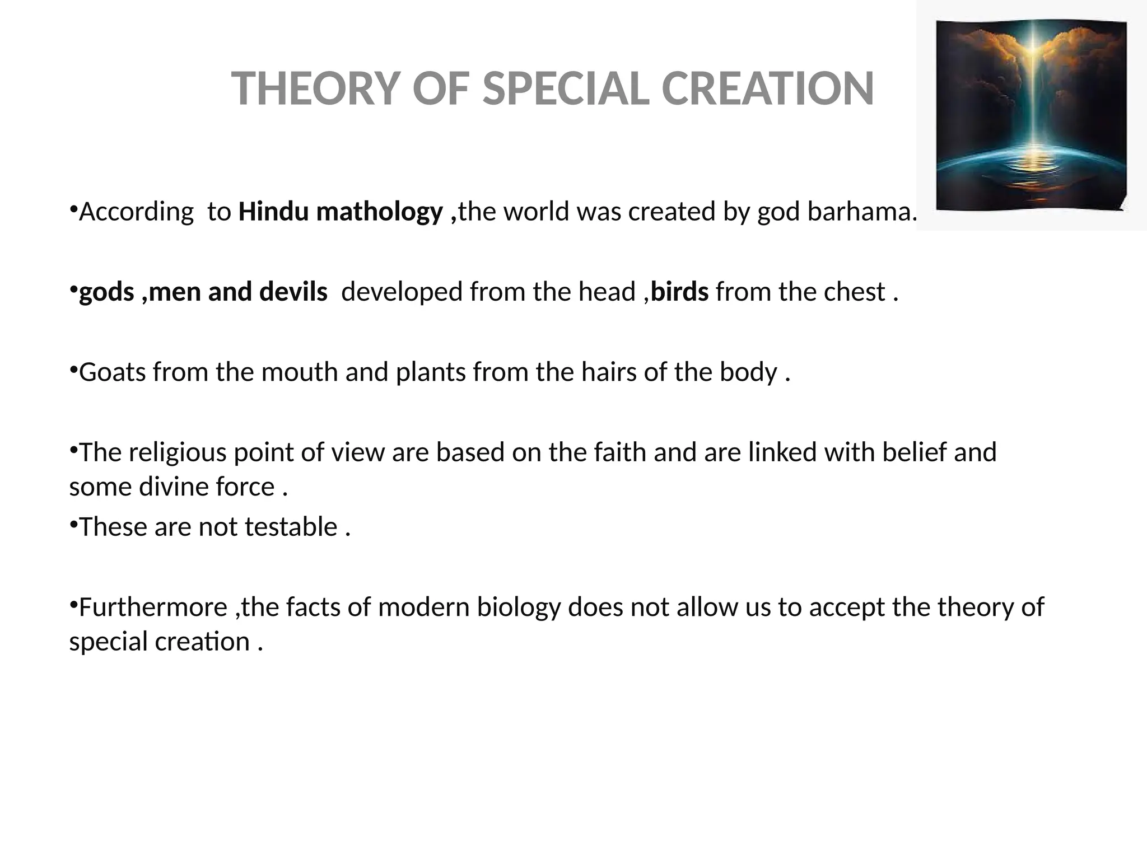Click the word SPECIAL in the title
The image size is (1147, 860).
tap(566, 88)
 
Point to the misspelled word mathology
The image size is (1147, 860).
tap(379, 212)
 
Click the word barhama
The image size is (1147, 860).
tap(861, 212)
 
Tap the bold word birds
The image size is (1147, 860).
tap(679, 292)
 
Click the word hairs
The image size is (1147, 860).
tap(609, 372)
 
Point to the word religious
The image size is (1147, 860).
tap(178, 452)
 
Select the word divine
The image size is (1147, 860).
tap(174, 487)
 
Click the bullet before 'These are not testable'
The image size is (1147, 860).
tap(73, 524)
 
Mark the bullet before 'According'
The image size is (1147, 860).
tap(73, 208)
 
